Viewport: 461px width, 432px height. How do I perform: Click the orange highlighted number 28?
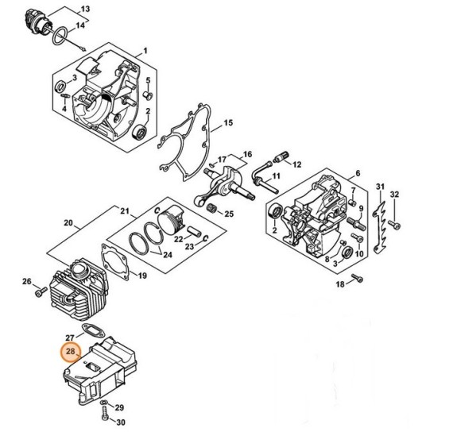[x=71, y=352]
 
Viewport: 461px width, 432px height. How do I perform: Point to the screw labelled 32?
[x=394, y=225]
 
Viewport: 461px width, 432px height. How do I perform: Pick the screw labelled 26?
[x=41, y=291]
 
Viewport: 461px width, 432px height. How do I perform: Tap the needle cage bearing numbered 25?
[x=214, y=209]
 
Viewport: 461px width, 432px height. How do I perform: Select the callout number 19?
[x=142, y=276]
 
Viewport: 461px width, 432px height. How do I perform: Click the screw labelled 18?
[x=358, y=277]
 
